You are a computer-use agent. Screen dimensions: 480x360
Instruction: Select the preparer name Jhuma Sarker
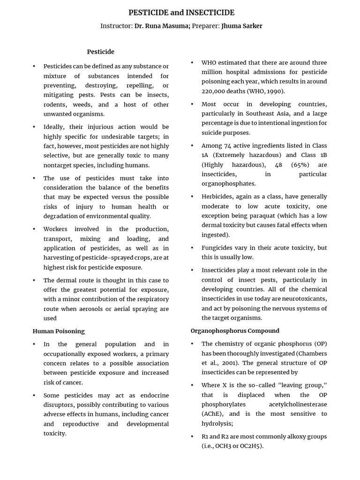click(x=241, y=26)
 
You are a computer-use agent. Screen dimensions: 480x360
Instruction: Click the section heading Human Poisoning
click(x=59, y=331)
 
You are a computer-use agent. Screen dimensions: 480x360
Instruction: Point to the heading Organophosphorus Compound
click(x=235, y=330)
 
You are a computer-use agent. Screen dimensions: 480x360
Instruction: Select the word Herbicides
click(x=218, y=196)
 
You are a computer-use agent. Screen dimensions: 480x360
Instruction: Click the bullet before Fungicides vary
click(x=192, y=247)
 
